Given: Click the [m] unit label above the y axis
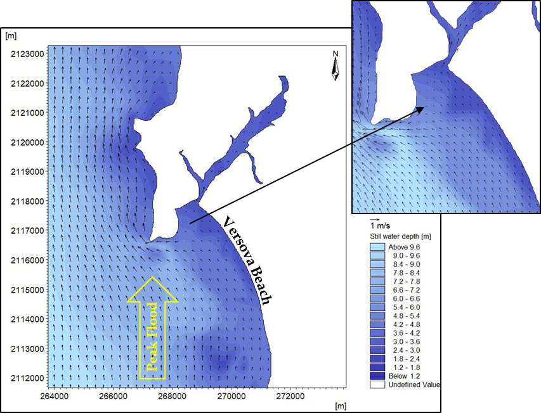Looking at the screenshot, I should tap(10, 36).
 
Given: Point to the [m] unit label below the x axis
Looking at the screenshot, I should tap(341, 405).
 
